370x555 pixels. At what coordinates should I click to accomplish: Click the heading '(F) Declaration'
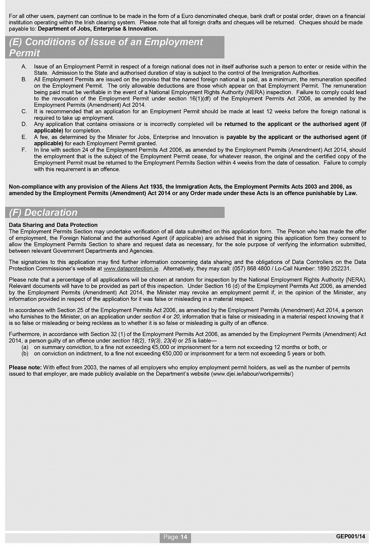pyautogui.click(x=43, y=213)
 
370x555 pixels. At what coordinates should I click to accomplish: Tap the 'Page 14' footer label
pyautogui.click(x=175, y=537)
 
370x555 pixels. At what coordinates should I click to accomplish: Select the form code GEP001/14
pyautogui.click(x=351, y=536)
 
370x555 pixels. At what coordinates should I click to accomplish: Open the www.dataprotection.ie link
pyautogui.click(x=131, y=269)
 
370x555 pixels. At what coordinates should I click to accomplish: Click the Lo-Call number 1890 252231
pyautogui.click(x=334, y=269)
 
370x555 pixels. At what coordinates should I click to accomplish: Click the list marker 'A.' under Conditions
pyautogui.click(x=24, y=66)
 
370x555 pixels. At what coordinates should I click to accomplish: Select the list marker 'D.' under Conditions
pyautogui.click(x=24, y=124)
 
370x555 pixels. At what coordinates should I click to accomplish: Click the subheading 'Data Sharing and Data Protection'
pyautogui.click(x=53, y=225)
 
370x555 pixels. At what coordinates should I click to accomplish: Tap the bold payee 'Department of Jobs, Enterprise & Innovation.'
pyautogui.click(x=98, y=29)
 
